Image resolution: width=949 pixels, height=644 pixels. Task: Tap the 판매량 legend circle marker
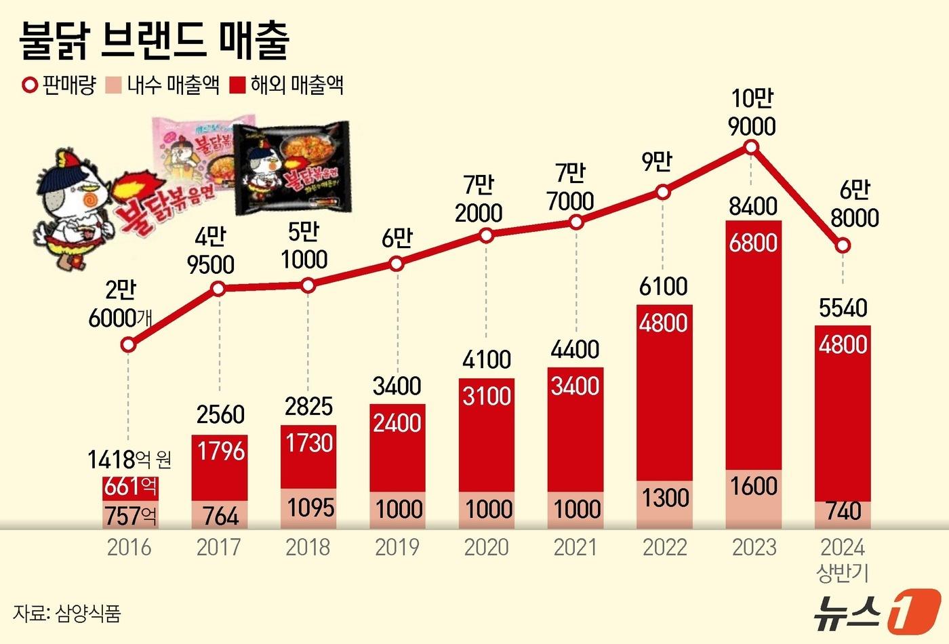coord(30,85)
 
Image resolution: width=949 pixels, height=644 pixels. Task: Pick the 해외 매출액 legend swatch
coord(237,85)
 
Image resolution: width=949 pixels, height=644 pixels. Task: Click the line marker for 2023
coord(751,147)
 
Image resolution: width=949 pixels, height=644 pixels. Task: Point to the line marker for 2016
coord(128,345)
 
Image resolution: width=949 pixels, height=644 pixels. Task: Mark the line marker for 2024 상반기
coord(842,245)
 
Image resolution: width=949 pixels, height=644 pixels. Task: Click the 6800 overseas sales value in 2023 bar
coord(753,243)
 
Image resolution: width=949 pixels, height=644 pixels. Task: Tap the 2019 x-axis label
coord(397,547)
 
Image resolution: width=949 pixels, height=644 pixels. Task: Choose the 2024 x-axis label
coord(843,547)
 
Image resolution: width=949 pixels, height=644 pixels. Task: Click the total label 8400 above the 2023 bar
coord(753,205)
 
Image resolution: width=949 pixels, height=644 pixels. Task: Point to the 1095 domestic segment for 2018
coord(308,508)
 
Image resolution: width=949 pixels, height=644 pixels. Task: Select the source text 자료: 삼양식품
coord(66,613)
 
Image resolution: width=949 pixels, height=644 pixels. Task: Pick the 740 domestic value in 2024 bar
coord(843,510)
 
